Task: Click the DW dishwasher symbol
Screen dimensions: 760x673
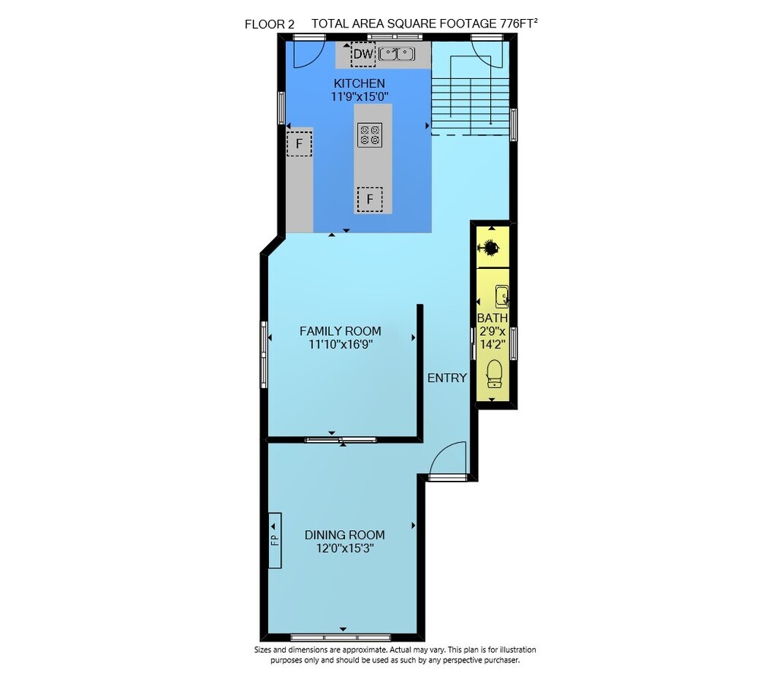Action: tap(363, 54)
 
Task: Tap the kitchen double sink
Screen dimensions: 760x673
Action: tap(397, 54)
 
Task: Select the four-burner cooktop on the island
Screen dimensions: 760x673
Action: tap(370, 134)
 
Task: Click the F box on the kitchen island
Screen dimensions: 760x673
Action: tap(370, 199)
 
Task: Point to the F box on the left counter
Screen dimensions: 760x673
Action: tap(299, 144)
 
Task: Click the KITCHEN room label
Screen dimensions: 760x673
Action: tap(359, 84)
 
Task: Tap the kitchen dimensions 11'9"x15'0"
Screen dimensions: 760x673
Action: tap(359, 96)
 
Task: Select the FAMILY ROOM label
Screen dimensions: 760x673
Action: tap(340, 331)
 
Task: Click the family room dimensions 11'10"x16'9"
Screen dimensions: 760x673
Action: tap(340, 345)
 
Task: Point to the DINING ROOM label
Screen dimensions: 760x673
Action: tap(344, 535)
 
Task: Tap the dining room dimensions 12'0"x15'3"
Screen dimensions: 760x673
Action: tap(344, 548)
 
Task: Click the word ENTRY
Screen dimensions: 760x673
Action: tap(447, 378)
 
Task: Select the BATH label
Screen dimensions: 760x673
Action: tap(492, 318)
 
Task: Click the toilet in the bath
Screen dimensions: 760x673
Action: tap(494, 374)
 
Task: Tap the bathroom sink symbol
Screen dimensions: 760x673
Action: tap(502, 296)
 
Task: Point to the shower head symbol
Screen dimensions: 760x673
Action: tap(490, 248)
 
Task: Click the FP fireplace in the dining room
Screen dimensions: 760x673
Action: tap(275, 540)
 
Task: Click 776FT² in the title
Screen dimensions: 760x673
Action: tap(519, 24)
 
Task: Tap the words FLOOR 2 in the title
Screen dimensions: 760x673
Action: tap(270, 24)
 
